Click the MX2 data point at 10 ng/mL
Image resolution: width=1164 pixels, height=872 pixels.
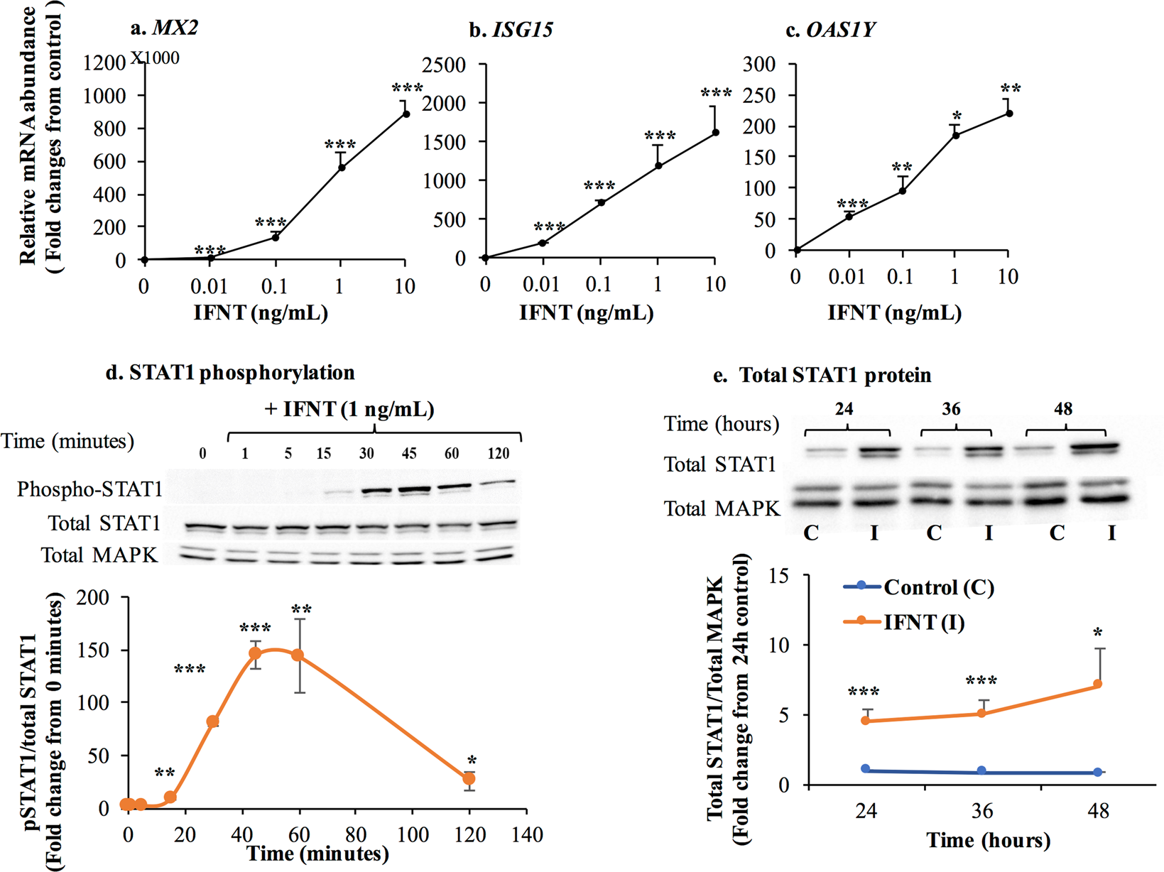(406, 114)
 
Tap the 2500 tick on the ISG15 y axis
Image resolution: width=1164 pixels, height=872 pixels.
(443, 65)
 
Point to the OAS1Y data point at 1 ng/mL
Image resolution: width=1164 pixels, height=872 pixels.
(956, 135)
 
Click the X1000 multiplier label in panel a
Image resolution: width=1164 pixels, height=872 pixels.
(155, 58)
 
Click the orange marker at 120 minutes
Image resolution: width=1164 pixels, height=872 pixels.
(469, 779)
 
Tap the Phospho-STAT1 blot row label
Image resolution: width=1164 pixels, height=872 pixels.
(89, 489)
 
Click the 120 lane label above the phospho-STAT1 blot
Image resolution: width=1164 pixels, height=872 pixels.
(498, 454)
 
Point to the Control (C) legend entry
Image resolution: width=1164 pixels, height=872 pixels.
(937, 588)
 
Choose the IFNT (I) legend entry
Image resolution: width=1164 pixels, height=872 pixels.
(923, 623)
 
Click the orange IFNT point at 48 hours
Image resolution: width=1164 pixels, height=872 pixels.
(1098, 685)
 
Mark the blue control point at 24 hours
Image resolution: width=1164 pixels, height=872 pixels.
(865, 769)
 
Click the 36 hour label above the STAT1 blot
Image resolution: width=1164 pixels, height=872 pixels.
(951, 409)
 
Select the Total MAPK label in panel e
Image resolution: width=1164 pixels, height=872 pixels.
(722, 508)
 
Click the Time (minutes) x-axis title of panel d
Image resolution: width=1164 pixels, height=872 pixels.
(317, 853)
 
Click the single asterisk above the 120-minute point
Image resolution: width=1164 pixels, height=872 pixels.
(472, 760)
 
